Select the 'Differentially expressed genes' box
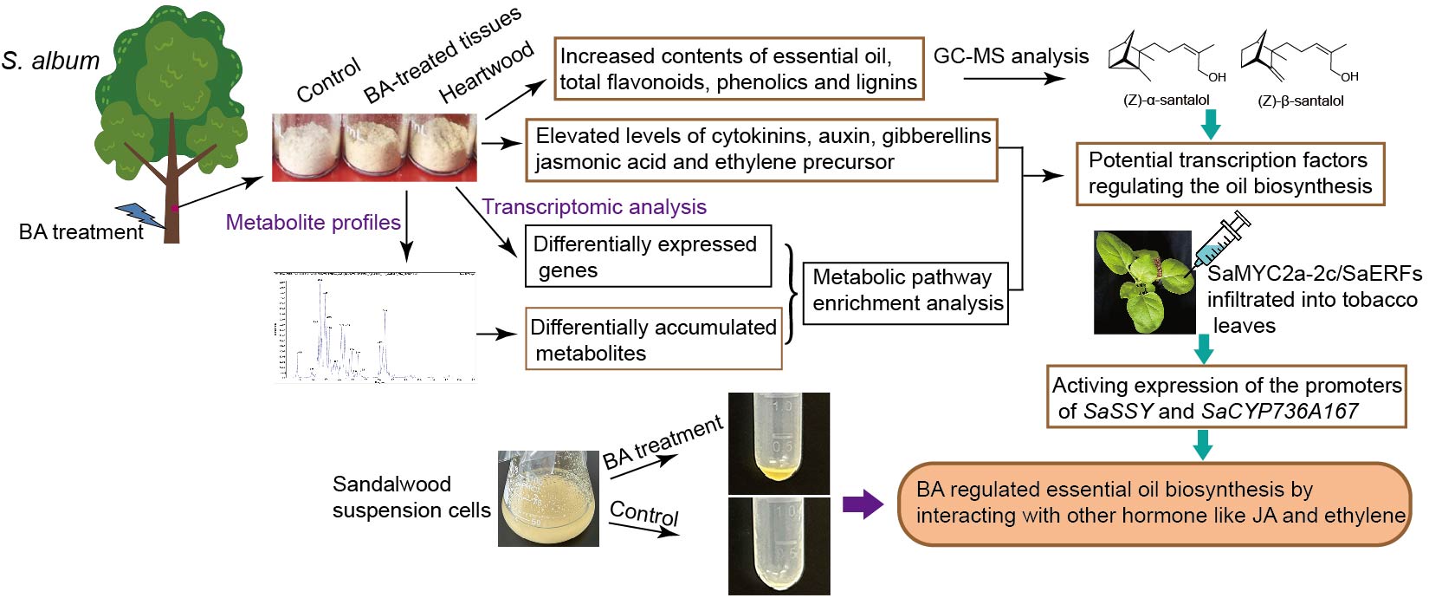click(648, 257)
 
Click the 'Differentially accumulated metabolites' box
click(654, 340)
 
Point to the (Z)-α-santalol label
click(1166, 101)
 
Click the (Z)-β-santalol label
click(1300, 101)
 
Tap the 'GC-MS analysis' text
click(1011, 56)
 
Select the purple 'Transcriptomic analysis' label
click(594, 207)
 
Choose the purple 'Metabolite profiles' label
click(313, 223)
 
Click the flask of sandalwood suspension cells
click(548, 498)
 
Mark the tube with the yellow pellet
click(779, 444)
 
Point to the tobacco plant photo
click(1143, 283)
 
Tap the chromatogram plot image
click(375, 328)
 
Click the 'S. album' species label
click(50, 62)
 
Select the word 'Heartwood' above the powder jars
click(486, 75)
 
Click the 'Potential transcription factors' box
click(1230, 173)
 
